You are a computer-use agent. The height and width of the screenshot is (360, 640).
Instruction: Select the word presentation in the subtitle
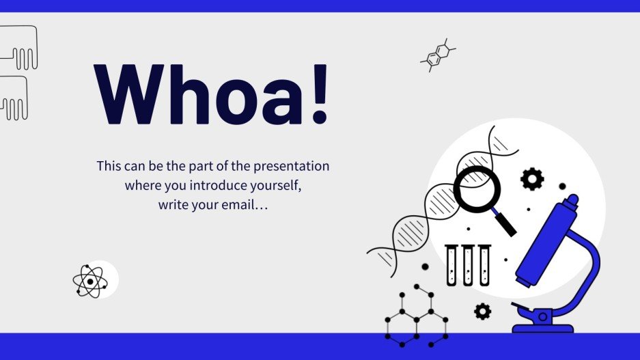coord(295,166)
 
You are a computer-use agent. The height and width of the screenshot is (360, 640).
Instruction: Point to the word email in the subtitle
coord(236,204)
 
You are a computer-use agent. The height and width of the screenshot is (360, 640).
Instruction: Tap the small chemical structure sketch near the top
coord(437,55)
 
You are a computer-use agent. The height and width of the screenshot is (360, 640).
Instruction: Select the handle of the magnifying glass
coord(505,223)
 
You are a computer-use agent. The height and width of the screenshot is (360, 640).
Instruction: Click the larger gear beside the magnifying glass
coord(532,178)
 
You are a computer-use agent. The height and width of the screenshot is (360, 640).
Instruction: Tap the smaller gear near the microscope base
coord(482,311)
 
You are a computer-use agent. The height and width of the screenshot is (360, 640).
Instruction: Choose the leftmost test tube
coord(451,266)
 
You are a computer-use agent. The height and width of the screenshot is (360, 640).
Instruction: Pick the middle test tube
coord(468,266)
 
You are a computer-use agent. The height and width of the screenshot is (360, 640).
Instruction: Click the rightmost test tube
coord(484,266)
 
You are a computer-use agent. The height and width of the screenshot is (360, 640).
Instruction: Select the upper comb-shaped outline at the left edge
coord(19,48)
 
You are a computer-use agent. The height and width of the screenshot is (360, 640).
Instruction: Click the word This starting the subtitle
coord(109,166)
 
